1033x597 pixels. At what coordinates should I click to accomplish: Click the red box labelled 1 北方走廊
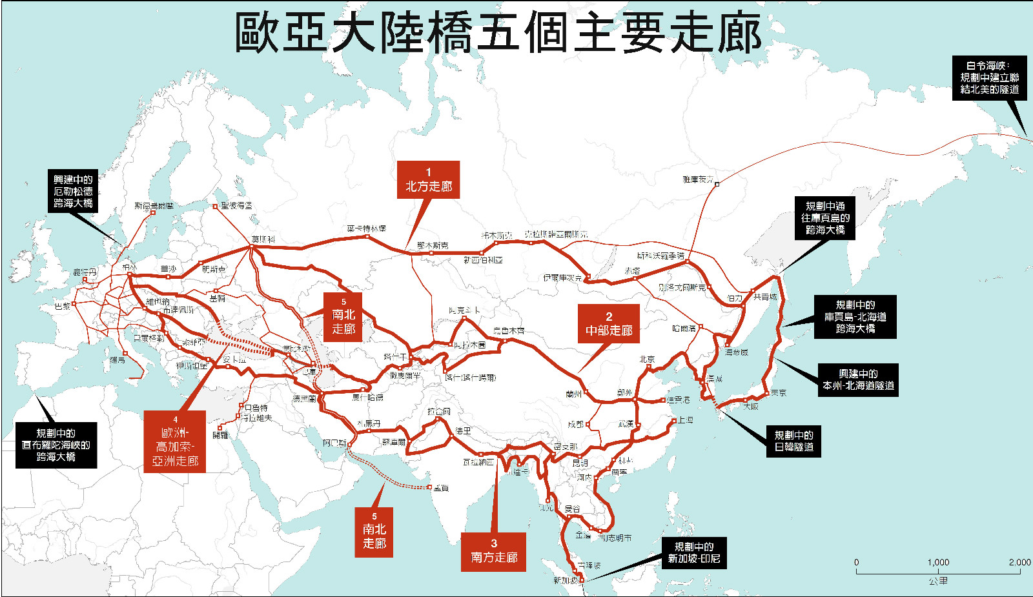point(428,179)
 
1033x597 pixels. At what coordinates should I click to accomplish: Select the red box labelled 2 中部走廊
point(608,324)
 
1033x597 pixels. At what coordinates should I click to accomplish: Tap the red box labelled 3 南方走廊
point(493,551)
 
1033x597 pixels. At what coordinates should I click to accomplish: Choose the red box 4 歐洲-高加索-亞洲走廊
point(175,441)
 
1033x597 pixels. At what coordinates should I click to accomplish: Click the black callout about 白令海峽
point(989,77)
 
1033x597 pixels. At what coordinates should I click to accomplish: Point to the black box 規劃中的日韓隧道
point(793,441)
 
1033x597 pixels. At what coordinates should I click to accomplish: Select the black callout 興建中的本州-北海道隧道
point(858,379)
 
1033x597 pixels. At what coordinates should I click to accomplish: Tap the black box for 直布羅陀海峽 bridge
point(56,445)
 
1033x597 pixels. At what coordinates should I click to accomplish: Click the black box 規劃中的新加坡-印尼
point(693,552)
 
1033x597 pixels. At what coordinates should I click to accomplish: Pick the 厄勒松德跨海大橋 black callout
point(73,191)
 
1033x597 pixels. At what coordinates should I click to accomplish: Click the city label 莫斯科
point(263,239)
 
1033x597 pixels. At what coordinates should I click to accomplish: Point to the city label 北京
point(647,359)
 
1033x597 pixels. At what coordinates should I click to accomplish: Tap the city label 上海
point(685,420)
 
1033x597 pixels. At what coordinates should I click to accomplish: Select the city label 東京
point(779,392)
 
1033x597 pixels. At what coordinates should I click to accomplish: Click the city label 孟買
point(441,488)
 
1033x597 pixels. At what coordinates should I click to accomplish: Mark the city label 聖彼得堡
point(236,206)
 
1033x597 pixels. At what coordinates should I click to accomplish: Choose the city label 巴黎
point(63,306)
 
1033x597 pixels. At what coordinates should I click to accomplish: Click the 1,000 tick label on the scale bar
point(938,562)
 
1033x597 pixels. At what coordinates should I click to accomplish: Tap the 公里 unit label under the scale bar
point(938,581)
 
